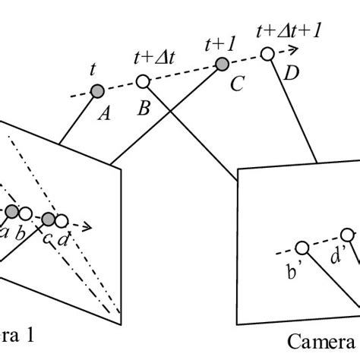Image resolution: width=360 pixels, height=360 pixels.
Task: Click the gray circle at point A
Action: [96, 92]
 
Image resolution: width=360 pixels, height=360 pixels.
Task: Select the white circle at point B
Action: [142, 82]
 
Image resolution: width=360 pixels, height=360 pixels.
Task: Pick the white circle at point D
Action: [267, 53]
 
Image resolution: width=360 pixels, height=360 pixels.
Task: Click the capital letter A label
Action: [105, 114]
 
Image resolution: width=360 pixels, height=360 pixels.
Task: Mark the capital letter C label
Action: [236, 85]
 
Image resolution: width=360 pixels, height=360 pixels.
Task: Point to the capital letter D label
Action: [291, 73]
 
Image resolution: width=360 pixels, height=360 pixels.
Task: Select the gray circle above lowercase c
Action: [49, 219]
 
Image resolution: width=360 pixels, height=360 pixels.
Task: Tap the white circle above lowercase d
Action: [62, 222]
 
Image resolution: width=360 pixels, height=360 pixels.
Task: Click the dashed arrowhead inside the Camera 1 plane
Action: [88, 226]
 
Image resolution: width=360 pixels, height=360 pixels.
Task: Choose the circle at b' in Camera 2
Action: [302, 248]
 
